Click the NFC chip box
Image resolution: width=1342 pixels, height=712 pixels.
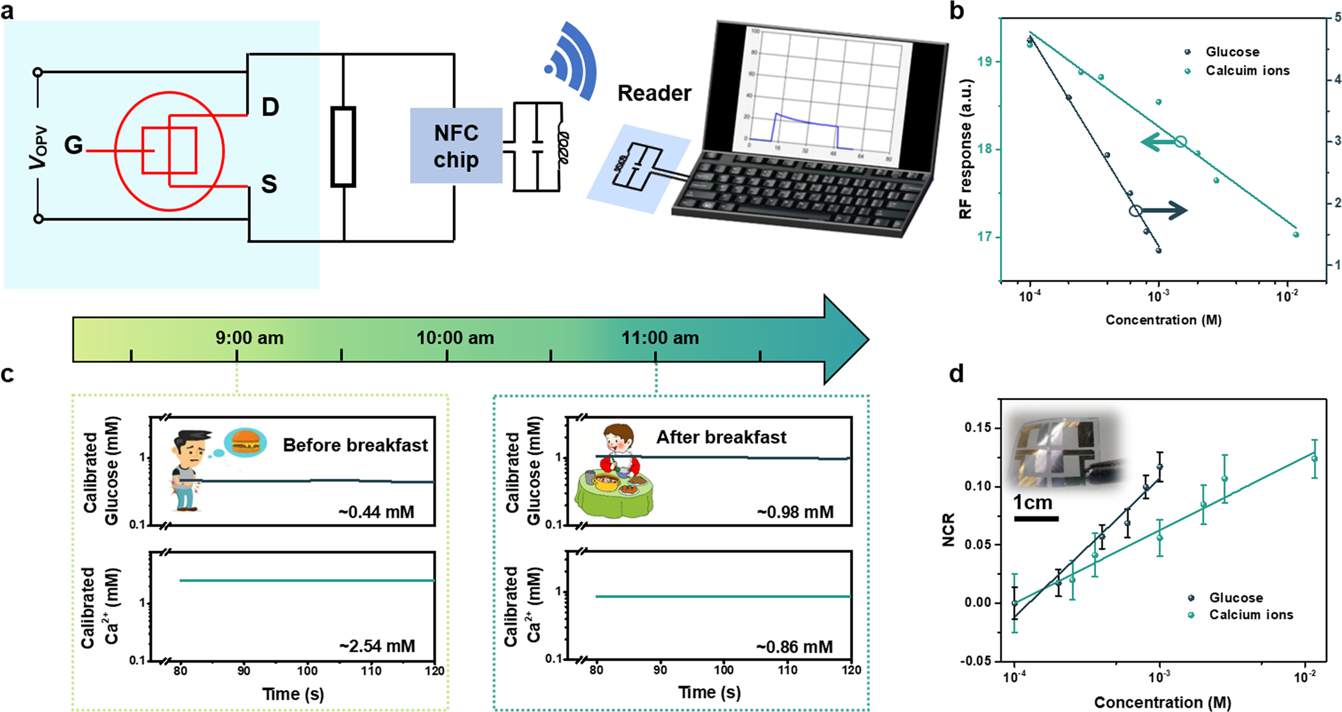[456, 145]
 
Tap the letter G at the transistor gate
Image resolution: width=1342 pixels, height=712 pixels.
[74, 145]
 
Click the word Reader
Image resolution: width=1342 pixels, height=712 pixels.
[654, 94]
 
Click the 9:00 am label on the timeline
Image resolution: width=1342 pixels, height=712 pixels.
[249, 338]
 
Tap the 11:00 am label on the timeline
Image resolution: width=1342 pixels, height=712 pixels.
[660, 338]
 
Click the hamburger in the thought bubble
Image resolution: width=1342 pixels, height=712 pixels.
[245, 442]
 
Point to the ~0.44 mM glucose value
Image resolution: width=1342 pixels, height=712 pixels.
[377, 512]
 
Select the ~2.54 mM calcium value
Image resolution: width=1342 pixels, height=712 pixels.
[377, 646]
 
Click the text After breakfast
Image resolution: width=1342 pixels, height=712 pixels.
[721, 437]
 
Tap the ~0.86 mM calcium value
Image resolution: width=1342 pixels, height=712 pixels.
[794, 647]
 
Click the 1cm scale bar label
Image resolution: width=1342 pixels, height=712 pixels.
[1033, 502]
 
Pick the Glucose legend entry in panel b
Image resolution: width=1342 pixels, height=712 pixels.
[1232, 52]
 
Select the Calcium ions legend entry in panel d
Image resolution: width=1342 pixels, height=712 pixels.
[1250, 615]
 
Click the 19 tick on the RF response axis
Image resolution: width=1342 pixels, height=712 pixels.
[985, 62]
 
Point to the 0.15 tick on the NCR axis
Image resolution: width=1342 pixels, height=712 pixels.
[978, 427]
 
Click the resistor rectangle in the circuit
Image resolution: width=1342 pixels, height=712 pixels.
[343, 147]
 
